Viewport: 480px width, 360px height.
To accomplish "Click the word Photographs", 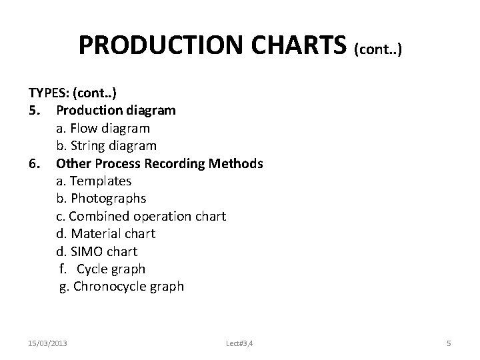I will (x=108, y=199).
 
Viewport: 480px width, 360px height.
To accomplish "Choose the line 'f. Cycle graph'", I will (x=101, y=269).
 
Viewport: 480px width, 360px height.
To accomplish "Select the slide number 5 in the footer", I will (x=449, y=343).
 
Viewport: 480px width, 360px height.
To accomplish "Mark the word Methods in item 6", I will (x=239, y=163).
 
